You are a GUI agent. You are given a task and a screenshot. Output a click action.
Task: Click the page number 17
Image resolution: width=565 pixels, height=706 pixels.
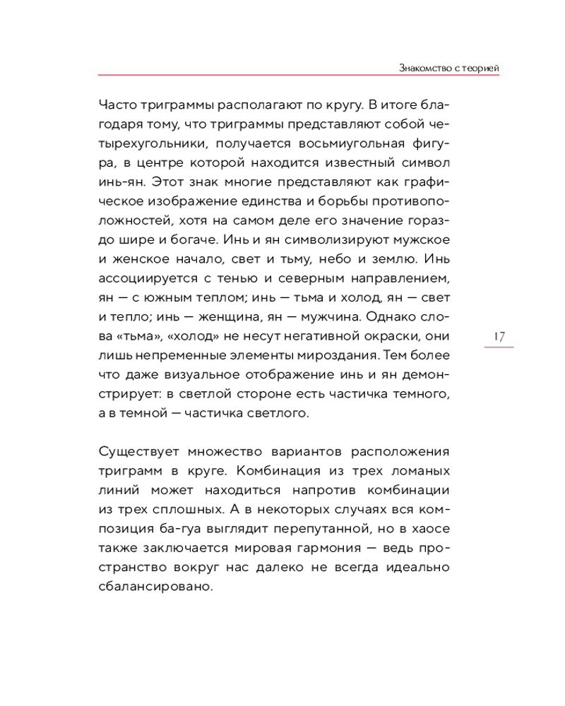(499, 336)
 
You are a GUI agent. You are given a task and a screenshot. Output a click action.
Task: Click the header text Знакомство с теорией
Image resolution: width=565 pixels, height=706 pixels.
(449, 67)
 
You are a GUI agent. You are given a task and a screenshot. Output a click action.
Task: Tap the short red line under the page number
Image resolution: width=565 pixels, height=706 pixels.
(499, 348)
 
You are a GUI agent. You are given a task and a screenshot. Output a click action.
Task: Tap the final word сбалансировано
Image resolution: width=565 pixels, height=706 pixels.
(152, 585)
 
